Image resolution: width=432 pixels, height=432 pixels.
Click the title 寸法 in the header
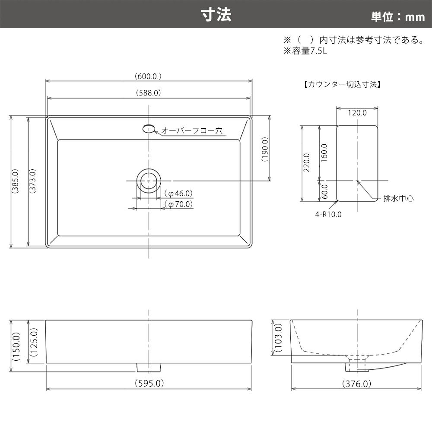(216, 15)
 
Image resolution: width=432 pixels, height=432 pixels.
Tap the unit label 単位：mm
(398, 17)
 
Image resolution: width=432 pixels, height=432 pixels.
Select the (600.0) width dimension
(148, 76)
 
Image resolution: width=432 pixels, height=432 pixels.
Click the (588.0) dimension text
(148, 93)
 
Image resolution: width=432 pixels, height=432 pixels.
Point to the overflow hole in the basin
(149, 129)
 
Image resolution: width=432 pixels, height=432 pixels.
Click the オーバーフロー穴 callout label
(192, 130)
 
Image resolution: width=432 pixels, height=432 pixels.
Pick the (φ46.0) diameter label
(178, 194)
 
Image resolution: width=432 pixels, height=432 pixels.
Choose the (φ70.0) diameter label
(178, 204)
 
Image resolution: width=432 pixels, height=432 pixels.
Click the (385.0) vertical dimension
(16, 181)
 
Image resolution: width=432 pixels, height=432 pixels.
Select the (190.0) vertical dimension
(265, 149)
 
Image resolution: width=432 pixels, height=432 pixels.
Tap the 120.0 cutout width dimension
(357, 113)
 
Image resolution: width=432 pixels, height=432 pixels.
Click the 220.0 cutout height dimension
(306, 162)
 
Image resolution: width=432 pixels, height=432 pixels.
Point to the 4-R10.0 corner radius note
(328, 214)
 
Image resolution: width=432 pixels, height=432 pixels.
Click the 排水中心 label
(398, 198)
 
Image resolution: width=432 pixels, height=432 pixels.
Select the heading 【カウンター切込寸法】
(342, 84)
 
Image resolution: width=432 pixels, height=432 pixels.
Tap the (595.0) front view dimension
(149, 383)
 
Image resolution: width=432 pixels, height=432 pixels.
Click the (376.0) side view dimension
(356, 384)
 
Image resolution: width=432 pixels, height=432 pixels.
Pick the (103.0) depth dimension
(279, 338)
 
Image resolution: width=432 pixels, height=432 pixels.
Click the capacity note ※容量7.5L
(305, 51)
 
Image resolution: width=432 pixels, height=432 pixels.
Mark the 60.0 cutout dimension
(325, 191)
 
